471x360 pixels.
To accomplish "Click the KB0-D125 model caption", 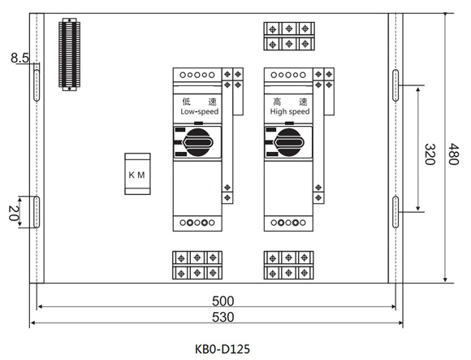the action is tap(223, 349).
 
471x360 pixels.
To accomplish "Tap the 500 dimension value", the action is tap(223, 301).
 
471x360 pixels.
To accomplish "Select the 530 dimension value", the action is tap(223, 317).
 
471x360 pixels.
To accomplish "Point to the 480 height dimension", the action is tap(454, 154).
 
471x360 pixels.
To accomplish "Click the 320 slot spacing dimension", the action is tap(430, 154).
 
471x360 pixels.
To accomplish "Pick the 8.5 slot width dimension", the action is tap(19, 58).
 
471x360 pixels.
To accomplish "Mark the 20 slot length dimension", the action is tap(13, 213).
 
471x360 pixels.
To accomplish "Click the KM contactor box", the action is tap(137, 174).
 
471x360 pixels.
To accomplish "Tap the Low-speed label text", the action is tap(200, 111).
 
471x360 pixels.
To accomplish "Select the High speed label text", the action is tap(290, 111).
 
